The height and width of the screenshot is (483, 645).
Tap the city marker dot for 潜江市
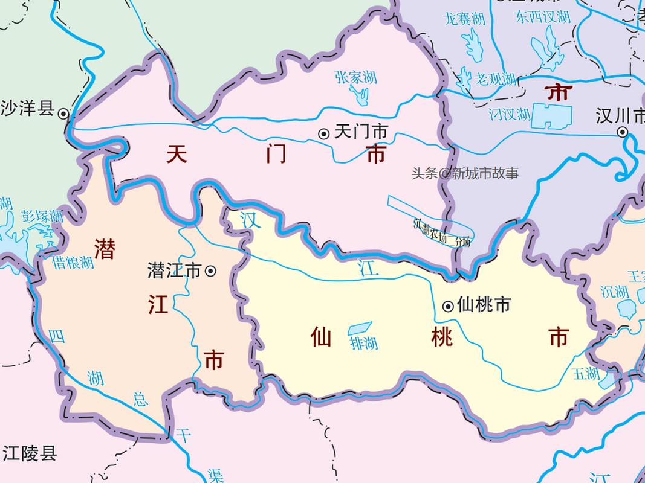[x=210, y=271]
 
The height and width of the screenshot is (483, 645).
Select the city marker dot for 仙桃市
[x=448, y=306]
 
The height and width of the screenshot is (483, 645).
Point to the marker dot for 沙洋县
[x=63, y=112]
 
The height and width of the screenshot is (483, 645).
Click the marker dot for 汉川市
[x=622, y=132]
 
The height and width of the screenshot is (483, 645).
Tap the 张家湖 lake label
[x=355, y=77]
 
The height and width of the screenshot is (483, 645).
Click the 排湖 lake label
[x=364, y=344]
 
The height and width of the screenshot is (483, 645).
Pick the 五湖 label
[x=586, y=373]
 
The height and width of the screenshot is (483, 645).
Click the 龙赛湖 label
[x=464, y=19]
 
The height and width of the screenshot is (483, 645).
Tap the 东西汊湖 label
[x=543, y=17]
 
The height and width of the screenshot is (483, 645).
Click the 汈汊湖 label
[x=510, y=113]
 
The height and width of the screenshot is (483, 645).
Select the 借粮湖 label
[x=73, y=262]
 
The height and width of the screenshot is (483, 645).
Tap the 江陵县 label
[x=29, y=453]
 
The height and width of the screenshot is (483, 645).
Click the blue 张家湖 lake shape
[x=360, y=95]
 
